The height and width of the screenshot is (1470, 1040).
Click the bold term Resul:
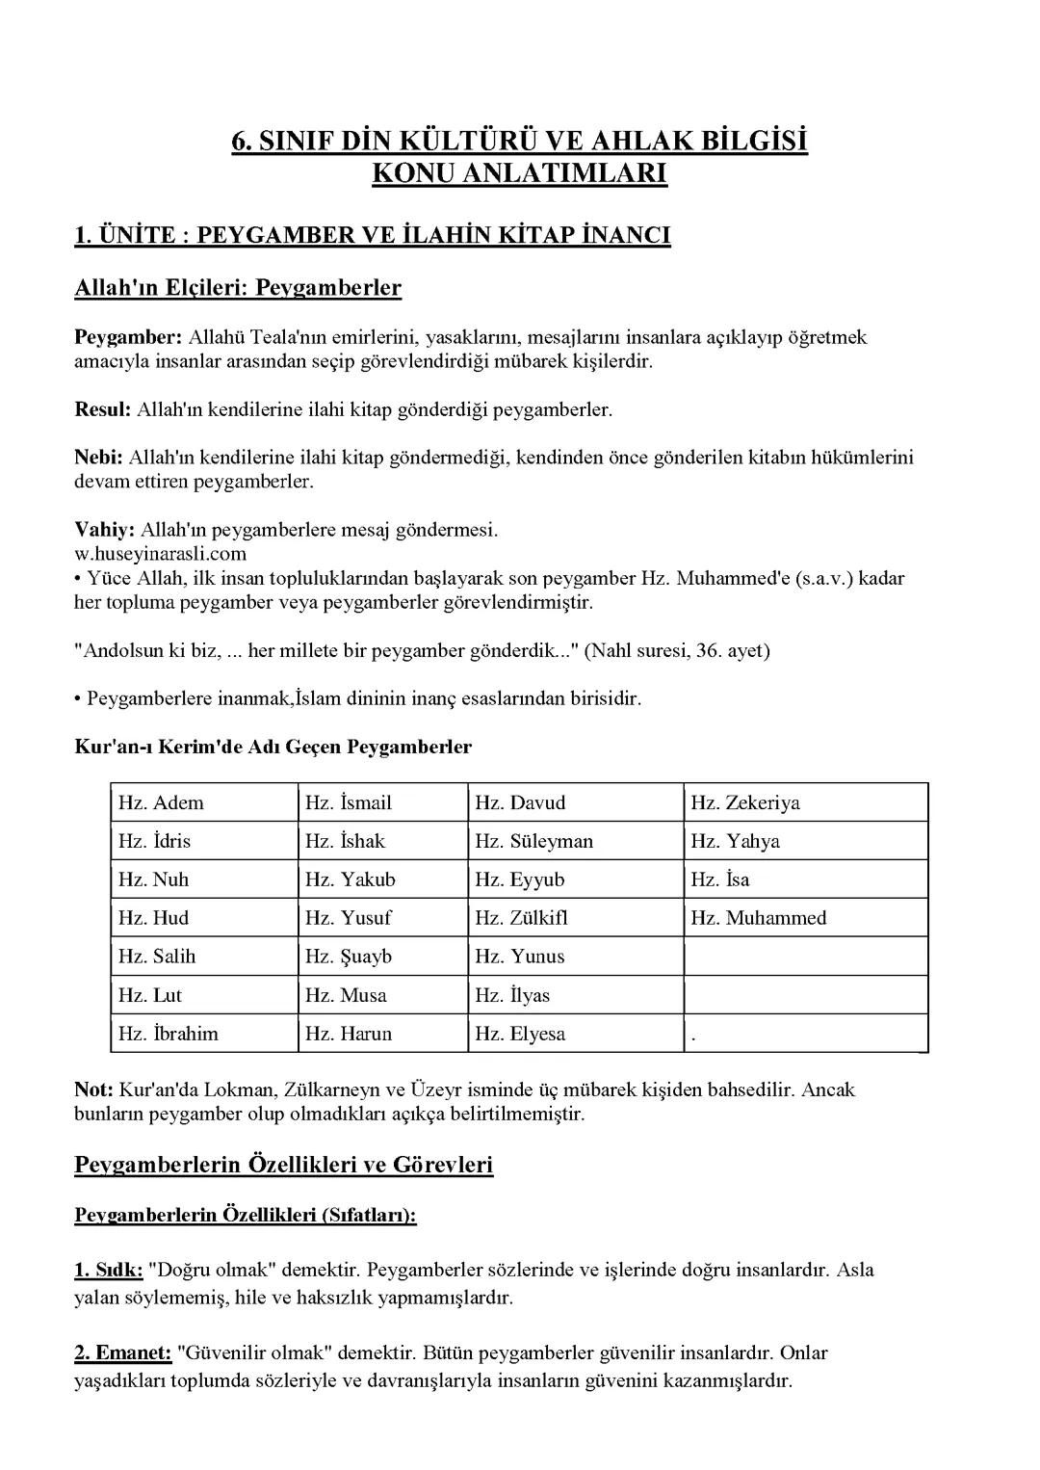102,409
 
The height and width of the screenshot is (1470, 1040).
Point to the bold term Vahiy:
105,530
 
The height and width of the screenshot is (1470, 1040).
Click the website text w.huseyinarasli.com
160,554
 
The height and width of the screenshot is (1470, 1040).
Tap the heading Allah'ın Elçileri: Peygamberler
238,287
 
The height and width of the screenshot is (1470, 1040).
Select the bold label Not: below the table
94,1089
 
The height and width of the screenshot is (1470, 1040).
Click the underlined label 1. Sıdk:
109,1270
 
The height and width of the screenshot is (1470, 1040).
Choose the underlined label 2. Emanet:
123,1352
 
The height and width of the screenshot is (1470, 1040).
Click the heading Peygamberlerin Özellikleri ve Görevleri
284,1164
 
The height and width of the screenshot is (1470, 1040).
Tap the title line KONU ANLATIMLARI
519,173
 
